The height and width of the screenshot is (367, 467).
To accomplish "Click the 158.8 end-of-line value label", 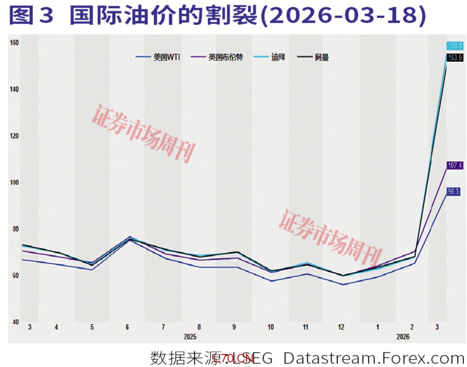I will coord(454,45).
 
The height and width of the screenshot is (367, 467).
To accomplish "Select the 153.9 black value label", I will coord(454,58).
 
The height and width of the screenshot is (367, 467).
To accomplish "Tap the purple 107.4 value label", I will coord(454,165).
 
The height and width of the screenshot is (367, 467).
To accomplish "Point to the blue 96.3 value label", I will coord(453,191).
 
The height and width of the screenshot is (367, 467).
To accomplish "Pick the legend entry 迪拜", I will coord(278,57).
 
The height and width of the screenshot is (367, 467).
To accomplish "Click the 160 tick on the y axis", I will coord(14,42).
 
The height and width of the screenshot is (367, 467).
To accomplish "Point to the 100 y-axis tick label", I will coord(14,182).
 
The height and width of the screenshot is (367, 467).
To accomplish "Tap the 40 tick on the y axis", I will coord(14,322).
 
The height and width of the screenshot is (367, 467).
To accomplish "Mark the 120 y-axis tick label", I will coord(14,135).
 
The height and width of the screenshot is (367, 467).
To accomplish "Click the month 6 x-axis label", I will coord(127,328).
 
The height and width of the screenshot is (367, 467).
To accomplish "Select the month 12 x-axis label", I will coord(341,328).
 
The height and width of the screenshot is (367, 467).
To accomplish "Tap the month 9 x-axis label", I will coord(234,328).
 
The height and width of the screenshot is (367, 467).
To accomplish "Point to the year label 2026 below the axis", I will coord(403,336).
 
